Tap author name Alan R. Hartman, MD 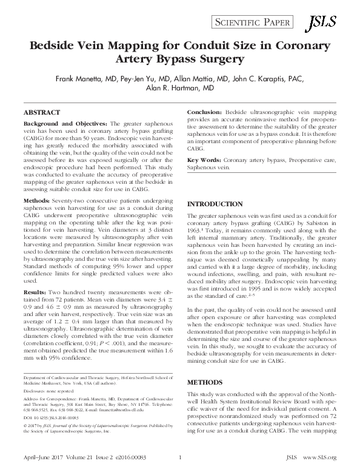[180, 88]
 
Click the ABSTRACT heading [41, 113]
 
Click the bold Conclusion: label [205, 113]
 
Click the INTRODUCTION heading [213, 204]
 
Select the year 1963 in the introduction [195, 232]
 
